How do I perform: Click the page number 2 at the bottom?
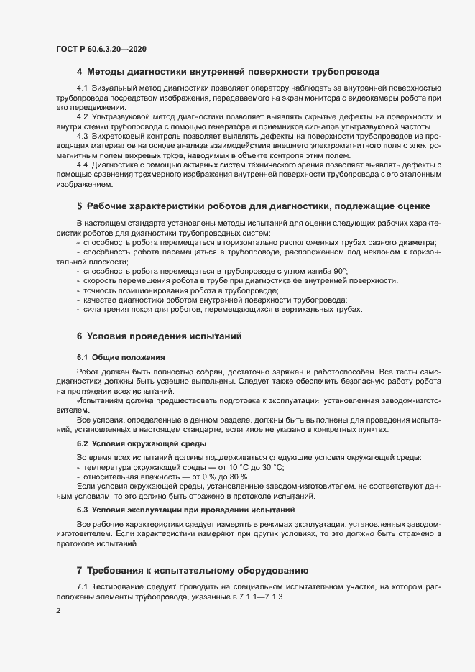click(x=57, y=612)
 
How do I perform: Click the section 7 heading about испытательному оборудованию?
click(x=192, y=571)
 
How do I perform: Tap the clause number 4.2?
click(x=82, y=116)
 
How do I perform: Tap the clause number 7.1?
click(x=82, y=589)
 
